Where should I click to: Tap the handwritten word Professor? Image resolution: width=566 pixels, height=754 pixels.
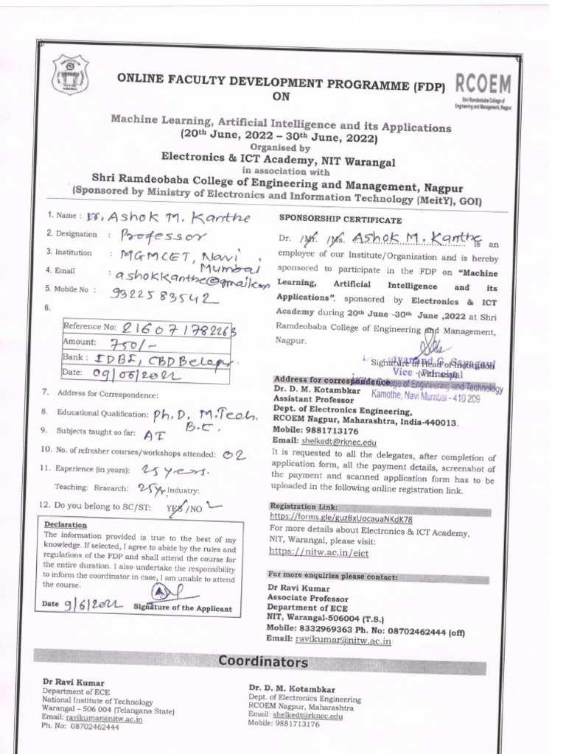pyautogui.click(x=159, y=237)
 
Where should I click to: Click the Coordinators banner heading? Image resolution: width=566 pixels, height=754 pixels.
pyautogui.click(x=263, y=662)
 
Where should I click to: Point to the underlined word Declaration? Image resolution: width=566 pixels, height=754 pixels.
pyautogui.click(x=65, y=525)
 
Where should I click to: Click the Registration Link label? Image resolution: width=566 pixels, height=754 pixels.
pyautogui.click(x=304, y=507)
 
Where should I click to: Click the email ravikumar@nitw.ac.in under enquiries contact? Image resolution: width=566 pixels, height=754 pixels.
pyautogui.click(x=343, y=641)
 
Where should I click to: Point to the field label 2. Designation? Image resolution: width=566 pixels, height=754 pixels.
pyautogui.click(x=71, y=234)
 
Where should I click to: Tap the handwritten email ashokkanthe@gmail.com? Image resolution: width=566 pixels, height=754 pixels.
pyautogui.click(x=188, y=278)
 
